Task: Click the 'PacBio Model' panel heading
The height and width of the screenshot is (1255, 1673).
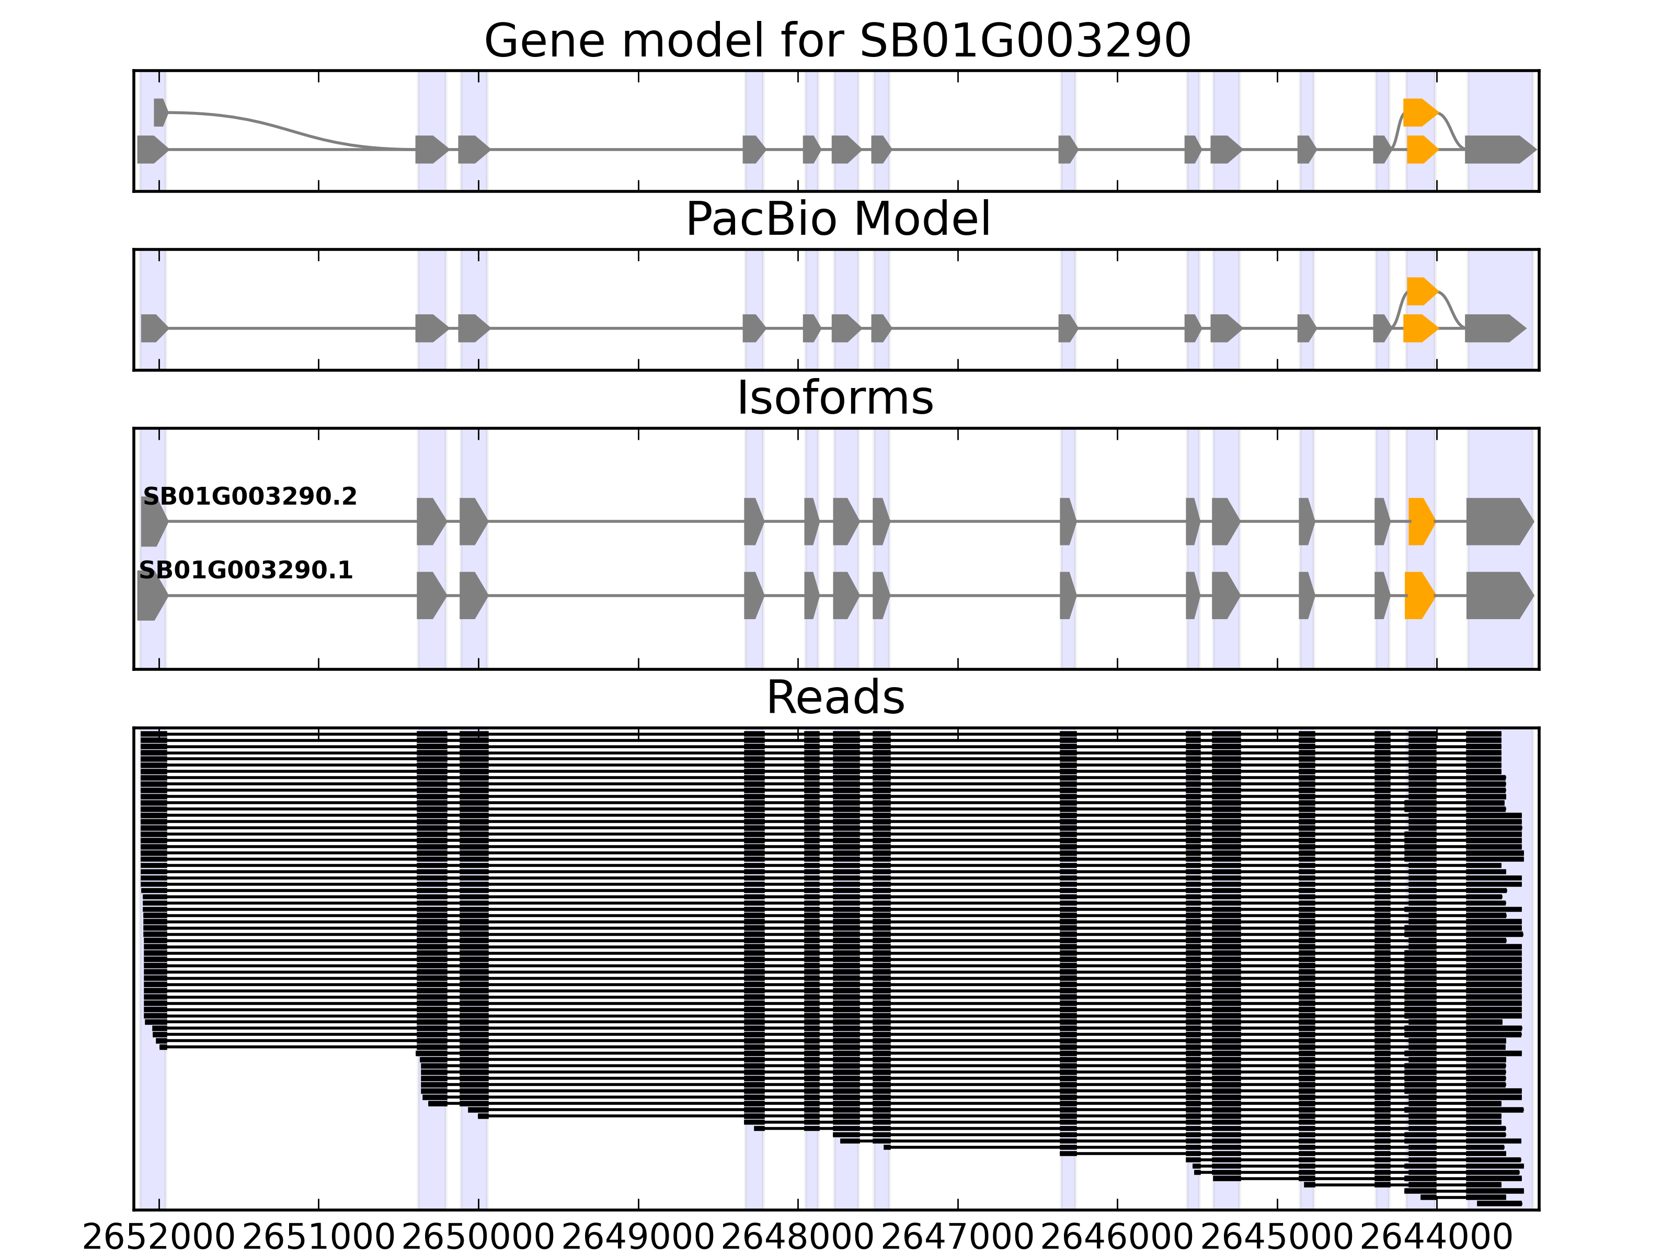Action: click(x=837, y=220)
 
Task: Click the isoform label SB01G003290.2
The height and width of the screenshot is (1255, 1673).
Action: click(x=249, y=496)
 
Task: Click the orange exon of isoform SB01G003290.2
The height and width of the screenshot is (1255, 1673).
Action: click(x=1420, y=521)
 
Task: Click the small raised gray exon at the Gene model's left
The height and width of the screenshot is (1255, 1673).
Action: click(x=159, y=112)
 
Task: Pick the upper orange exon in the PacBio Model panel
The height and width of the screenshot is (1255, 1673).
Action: click(x=1421, y=291)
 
